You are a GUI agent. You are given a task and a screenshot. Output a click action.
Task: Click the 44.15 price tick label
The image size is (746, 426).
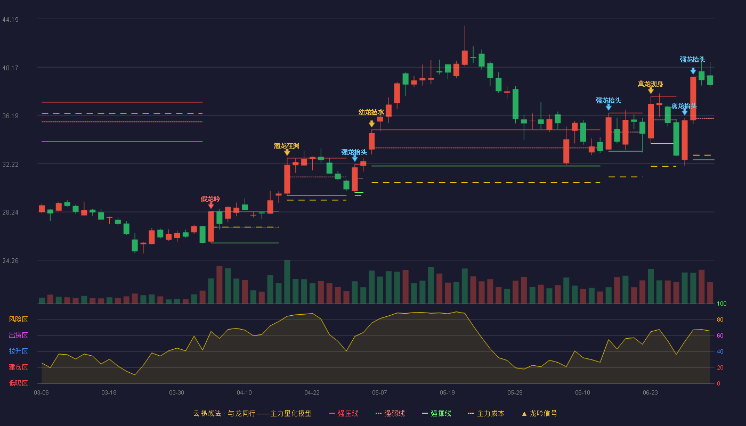pos(10,20)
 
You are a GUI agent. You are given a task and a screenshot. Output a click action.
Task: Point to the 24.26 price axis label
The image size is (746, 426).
pos(10,260)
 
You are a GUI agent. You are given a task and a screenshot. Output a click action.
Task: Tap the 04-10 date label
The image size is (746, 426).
pos(244,393)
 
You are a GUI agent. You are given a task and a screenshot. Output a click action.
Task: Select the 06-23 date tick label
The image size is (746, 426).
pos(650,393)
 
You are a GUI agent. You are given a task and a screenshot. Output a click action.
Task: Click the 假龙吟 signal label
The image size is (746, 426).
pos(210,199)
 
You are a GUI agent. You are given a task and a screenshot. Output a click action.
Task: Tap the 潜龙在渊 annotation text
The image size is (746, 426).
pos(287,146)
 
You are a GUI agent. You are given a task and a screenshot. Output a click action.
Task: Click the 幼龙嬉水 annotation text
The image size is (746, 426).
pos(371,112)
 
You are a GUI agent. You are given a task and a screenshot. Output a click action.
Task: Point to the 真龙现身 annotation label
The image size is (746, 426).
pos(651,84)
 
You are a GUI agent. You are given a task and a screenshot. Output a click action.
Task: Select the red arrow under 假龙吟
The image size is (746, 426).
pos(211,206)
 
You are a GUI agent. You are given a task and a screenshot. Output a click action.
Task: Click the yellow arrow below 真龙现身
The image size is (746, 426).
pos(651,91)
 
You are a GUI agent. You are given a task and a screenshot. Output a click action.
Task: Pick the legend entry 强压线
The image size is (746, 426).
pos(344,413)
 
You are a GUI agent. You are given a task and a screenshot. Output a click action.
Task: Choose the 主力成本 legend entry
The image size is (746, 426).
pos(486,413)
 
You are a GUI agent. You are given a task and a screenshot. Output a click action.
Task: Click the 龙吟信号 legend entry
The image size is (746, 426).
pos(539,413)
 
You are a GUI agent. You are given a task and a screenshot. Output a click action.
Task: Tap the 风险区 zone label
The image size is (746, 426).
pos(18,319)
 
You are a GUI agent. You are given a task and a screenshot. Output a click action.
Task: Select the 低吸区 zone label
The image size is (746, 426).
pos(18,383)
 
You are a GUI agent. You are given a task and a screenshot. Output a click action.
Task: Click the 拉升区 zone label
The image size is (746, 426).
pos(18,351)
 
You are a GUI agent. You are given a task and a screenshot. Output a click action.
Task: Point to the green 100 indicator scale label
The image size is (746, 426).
pos(721,304)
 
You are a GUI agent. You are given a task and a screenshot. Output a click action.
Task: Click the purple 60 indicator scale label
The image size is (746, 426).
pos(720,335)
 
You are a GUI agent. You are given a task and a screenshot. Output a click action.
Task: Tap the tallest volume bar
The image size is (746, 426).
pos(287,282)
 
